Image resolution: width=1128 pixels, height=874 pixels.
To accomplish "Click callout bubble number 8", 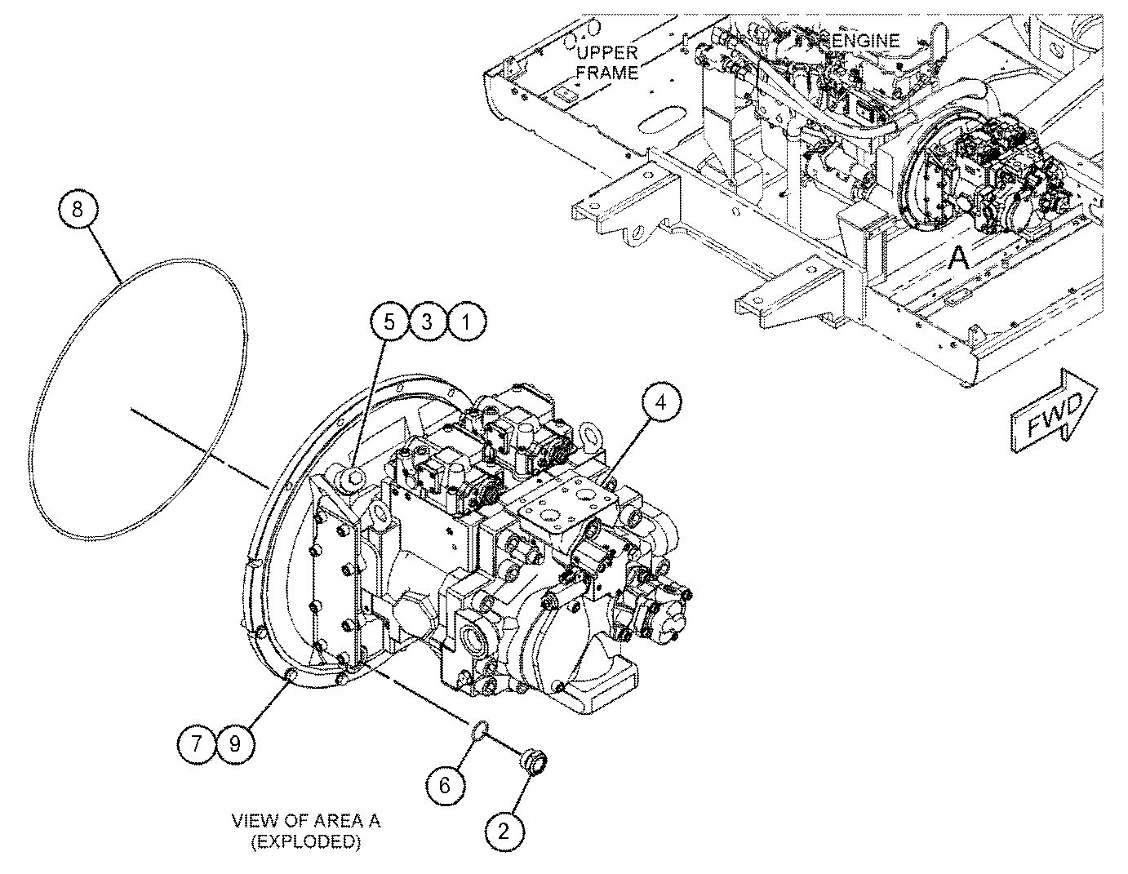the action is click(x=78, y=210).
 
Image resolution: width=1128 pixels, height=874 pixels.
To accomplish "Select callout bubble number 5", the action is click(x=389, y=322).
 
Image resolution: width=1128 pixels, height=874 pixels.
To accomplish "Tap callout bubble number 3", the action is click(x=427, y=322).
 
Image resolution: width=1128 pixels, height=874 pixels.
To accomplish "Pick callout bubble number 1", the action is click(x=466, y=322).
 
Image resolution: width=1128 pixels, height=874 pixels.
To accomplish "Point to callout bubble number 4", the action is click(x=660, y=402).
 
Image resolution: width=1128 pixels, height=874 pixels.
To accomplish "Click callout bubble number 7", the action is click(x=196, y=744).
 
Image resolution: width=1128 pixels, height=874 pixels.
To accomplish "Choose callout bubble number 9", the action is click(x=234, y=744).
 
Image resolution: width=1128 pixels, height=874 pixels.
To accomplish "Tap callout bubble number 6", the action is click(x=445, y=785).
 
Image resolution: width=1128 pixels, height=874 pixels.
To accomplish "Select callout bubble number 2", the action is click(x=504, y=832).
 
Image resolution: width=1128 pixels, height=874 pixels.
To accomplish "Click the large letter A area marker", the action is click(x=957, y=259).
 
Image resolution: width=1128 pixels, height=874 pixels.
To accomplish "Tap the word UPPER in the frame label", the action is click(x=607, y=52).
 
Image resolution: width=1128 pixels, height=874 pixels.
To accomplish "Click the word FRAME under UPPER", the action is click(x=607, y=72).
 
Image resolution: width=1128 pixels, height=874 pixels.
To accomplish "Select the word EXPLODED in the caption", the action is click(x=306, y=841).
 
